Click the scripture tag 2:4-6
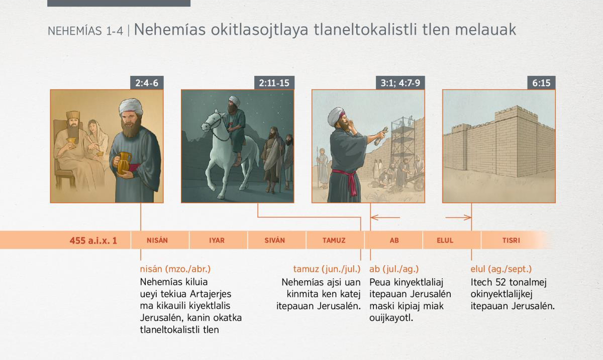coord(147,83)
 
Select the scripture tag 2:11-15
coord(274,83)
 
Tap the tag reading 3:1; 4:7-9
coord(400,83)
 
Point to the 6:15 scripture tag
coord(541,83)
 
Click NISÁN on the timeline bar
coord(157,241)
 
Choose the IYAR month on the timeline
coord(217,241)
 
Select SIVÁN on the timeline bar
coord(274,241)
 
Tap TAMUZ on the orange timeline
coord(334,241)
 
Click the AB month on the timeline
coord(394,241)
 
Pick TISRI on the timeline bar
coord(511,241)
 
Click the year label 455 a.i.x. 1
coord(93,241)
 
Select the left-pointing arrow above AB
coord(385,217)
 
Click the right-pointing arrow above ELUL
coord(458,217)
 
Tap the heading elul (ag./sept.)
coord(501,269)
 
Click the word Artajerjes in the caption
coord(210,294)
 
